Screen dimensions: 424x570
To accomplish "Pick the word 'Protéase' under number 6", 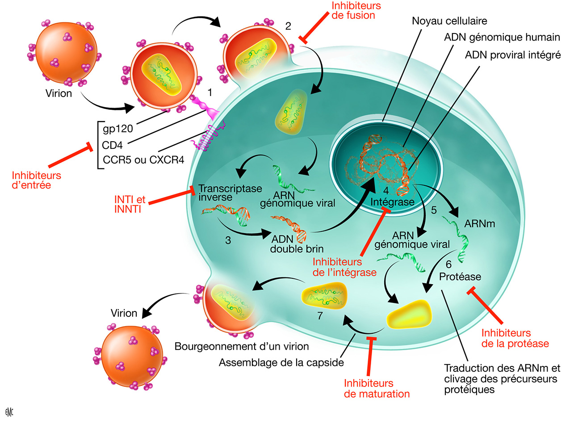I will tap(460, 277).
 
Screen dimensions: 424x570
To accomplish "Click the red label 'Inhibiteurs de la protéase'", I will tap(515, 338).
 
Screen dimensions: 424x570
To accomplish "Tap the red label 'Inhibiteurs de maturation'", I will tap(377, 388).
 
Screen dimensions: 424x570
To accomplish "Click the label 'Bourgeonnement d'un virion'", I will tap(242, 346).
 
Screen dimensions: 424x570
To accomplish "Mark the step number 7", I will tap(319, 316).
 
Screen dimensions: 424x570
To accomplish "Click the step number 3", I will tap(228, 239).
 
